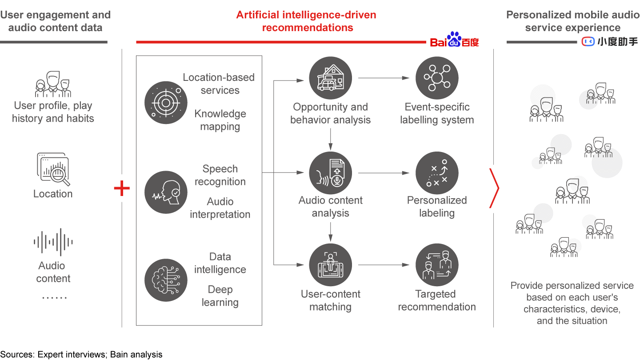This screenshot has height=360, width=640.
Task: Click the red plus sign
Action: pyautogui.click(x=122, y=188)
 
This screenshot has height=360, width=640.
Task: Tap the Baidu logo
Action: pyautogui.click(x=454, y=40)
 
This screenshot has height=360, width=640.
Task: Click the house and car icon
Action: pyautogui.click(x=330, y=78)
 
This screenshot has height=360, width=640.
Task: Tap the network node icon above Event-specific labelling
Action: pyautogui.click(x=437, y=78)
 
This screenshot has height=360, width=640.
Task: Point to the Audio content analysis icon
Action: pyautogui.click(x=330, y=173)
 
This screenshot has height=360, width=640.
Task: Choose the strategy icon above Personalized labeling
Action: pyautogui.click(x=437, y=173)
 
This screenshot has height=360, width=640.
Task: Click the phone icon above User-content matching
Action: pyautogui.click(x=330, y=265)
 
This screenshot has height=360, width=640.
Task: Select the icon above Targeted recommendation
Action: pyautogui.click(x=437, y=265)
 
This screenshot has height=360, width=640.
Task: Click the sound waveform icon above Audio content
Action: pyautogui.click(x=53, y=242)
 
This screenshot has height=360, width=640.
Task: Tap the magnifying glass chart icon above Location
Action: pyautogui.click(x=53, y=169)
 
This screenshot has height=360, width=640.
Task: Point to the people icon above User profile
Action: pyautogui.click(x=53, y=84)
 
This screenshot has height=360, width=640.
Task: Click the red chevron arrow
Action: pyautogui.click(x=494, y=188)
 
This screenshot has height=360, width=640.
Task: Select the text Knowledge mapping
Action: pyautogui.click(x=220, y=120)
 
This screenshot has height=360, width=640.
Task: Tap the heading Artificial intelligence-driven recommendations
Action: pyautogui.click(x=306, y=21)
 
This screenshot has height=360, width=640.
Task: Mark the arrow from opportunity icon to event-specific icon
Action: pyautogui.click(x=384, y=78)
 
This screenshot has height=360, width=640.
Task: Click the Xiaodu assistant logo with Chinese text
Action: pyautogui.click(x=610, y=41)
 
